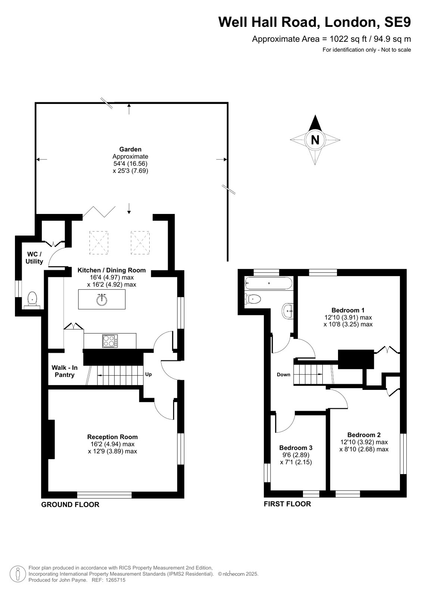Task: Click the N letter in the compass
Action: [x=315, y=140]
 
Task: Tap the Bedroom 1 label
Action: [x=348, y=310]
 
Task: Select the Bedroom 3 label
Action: [x=296, y=448]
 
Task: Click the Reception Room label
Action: [x=112, y=437]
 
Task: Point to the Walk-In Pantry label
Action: [x=65, y=371]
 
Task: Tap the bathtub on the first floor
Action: [x=268, y=283]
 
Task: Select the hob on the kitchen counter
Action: [x=110, y=341]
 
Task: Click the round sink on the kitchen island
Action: [x=101, y=300]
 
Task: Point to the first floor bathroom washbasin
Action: [x=288, y=311]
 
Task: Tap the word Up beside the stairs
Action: [x=149, y=374]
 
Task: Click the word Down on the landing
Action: [x=284, y=375]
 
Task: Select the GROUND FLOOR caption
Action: [x=70, y=504]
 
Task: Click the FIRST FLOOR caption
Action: [x=287, y=504]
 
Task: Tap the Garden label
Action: [x=130, y=149]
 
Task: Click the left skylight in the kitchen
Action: [x=99, y=243]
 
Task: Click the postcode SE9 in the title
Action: [x=397, y=22]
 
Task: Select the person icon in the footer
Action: [x=18, y=574]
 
